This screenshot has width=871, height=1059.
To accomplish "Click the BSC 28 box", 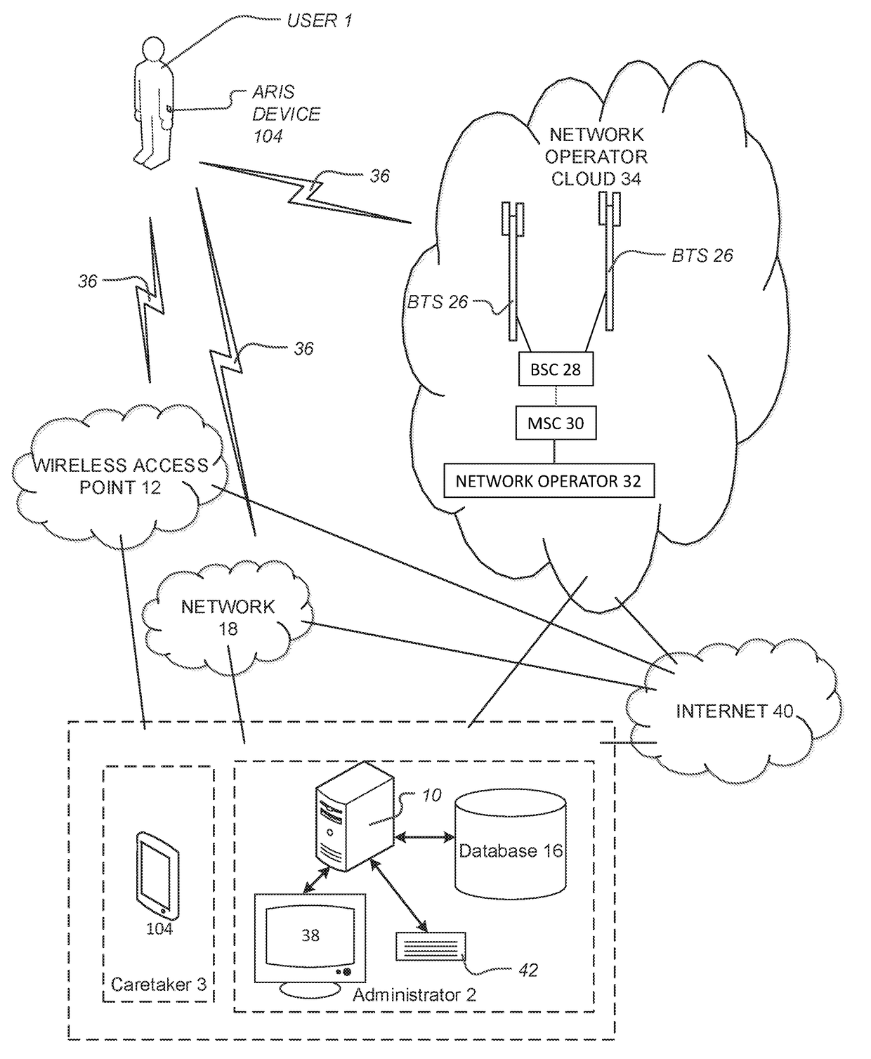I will [x=556, y=369].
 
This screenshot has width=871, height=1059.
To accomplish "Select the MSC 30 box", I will [x=556, y=423].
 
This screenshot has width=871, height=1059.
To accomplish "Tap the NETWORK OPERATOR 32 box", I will [x=549, y=481].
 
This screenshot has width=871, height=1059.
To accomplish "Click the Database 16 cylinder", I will [x=511, y=850].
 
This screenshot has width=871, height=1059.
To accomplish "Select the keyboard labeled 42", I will [x=431, y=947].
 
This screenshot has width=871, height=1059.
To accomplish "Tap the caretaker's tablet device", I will [x=157, y=875].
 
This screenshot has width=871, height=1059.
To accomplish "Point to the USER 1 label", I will [x=320, y=21].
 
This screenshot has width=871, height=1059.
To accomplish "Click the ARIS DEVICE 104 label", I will [x=286, y=114].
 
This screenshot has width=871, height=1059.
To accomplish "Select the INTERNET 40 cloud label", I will [x=734, y=711].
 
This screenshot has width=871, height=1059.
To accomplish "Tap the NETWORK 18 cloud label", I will [x=228, y=617].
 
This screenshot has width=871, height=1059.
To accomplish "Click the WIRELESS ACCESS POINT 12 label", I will [x=121, y=476].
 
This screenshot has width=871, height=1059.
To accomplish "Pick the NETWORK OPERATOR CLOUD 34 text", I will [x=596, y=157].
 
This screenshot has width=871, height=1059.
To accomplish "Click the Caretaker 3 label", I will [x=159, y=985].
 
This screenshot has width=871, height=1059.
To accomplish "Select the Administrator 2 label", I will [x=414, y=994].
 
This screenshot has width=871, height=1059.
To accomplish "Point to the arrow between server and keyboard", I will [x=401, y=895].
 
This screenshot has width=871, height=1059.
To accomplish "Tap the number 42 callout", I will [x=528, y=971].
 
